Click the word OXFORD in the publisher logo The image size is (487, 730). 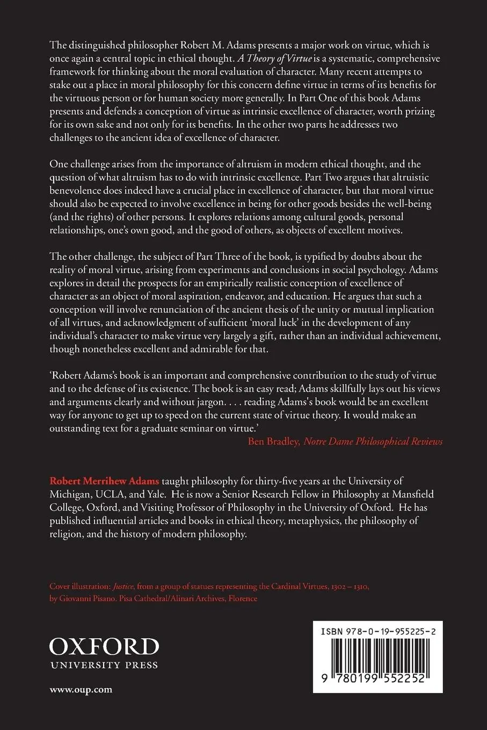[104, 647]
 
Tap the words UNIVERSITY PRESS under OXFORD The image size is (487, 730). [104, 665]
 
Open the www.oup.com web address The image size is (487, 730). [81, 690]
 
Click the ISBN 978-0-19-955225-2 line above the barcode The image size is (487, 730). [374, 632]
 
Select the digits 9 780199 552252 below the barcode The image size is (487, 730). [374, 678]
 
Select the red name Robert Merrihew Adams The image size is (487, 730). [104, 481]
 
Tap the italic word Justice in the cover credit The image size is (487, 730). [124, 587]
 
